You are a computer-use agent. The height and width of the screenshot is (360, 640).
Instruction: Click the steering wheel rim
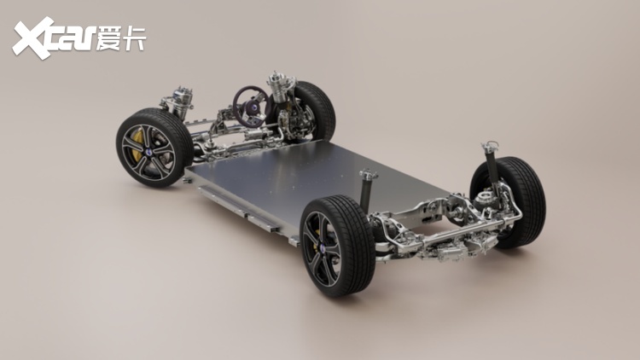click(x=236, y=100)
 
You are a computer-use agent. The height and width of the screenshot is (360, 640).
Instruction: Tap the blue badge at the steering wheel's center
click(x=254, y=107)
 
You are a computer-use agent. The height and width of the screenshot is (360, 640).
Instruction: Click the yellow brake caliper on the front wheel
click(x=137, y=143)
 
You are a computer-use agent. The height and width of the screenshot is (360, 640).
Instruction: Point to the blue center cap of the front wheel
click(x=149, y=152)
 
